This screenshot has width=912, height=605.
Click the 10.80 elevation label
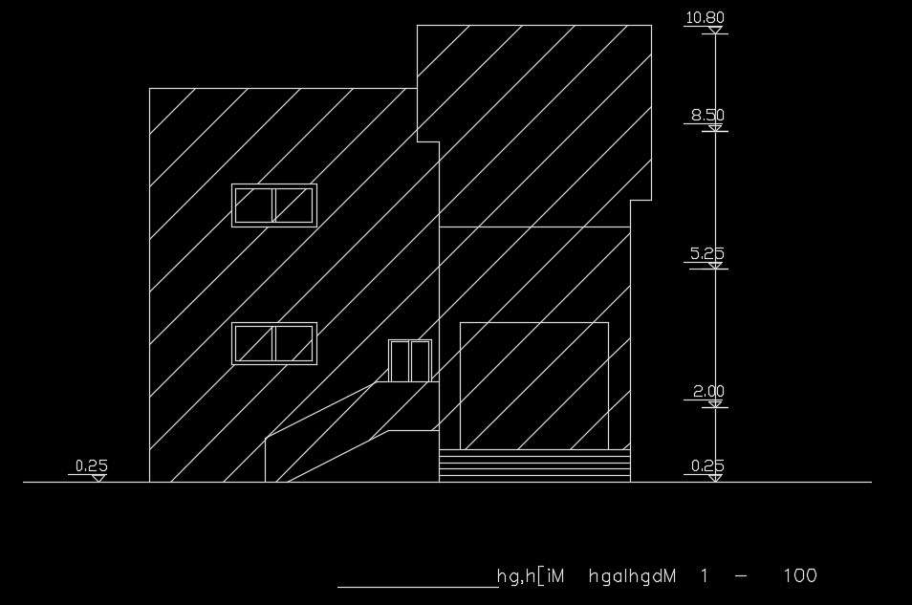tap(705, 18)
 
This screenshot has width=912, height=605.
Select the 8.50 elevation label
tap(707, 116)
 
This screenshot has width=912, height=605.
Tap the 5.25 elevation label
tap(707, 253)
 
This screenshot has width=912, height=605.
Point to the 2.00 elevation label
tap(708, 392)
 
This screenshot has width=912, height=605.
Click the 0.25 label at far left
tap(92, 466)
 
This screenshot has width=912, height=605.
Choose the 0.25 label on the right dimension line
tap(707, 466)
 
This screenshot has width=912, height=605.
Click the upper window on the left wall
tap(274, 205)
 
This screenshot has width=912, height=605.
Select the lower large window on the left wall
tap(274, 344)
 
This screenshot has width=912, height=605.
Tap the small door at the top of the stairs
tap(410, 360)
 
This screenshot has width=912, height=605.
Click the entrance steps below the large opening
tap(534, 465)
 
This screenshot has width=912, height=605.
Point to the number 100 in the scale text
tap(800, 576)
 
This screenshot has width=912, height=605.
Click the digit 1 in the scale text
tap(705, 576)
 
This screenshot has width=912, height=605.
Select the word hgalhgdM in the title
tap(632, 576)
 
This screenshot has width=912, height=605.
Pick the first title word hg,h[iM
tap(531, 576)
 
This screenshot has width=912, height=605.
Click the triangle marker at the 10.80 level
tap(715, 30)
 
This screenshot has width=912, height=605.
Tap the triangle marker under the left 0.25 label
tap(98, 478)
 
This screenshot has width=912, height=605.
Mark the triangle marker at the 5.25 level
tap(715, 266)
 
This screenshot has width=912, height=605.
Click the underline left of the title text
tap(418, 588)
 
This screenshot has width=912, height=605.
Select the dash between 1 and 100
tap(742, 576)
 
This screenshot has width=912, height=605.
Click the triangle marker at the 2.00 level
tap(715, 403)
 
